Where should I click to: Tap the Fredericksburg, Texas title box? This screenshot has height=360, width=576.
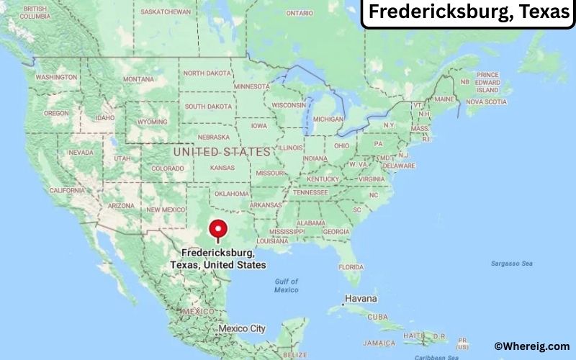468,13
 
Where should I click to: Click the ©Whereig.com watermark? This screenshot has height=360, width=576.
532,346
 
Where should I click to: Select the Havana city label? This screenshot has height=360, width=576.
361,298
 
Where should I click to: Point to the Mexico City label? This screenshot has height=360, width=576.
242,328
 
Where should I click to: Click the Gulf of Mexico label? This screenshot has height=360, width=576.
286,285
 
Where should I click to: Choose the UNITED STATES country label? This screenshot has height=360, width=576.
222,152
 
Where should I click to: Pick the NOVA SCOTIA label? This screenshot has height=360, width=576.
487,102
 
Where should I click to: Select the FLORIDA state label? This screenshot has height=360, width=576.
351,266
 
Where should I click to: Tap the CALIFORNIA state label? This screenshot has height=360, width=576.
67,190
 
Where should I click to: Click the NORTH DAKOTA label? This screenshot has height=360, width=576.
207,73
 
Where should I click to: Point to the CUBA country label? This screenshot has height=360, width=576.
377,317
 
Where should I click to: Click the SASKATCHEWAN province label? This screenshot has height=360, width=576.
166,12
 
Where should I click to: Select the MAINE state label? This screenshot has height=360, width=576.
444,99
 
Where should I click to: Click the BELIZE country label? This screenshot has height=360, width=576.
294,354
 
